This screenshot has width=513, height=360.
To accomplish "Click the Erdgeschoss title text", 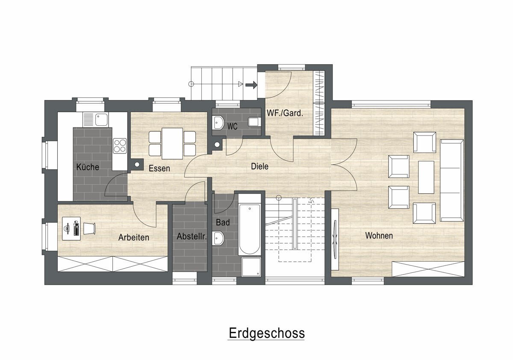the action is pos(267,333).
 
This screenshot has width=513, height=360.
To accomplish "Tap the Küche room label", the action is pos(88,167).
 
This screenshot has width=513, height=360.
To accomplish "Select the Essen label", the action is pos(159,168).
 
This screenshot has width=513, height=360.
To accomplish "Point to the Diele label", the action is pos(259,166).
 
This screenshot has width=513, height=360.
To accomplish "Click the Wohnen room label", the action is pos(379,236).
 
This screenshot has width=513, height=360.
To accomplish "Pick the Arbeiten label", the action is pos(134,237).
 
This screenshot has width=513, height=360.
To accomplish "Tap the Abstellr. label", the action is pos(192,236).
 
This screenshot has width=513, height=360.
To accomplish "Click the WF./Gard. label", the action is pos(285,113).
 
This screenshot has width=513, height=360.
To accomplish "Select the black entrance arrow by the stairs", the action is pos(251,85).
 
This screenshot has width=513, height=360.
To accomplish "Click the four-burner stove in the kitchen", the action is pos(120,146).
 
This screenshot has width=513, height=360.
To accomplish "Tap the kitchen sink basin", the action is pos(101,120).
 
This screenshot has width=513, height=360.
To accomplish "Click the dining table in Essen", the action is pos(172,144).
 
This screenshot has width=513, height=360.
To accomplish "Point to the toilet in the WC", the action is pos(255,122).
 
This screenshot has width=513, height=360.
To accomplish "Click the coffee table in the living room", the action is pos(426,177).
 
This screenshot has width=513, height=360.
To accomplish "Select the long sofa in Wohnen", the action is pos(452,180).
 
